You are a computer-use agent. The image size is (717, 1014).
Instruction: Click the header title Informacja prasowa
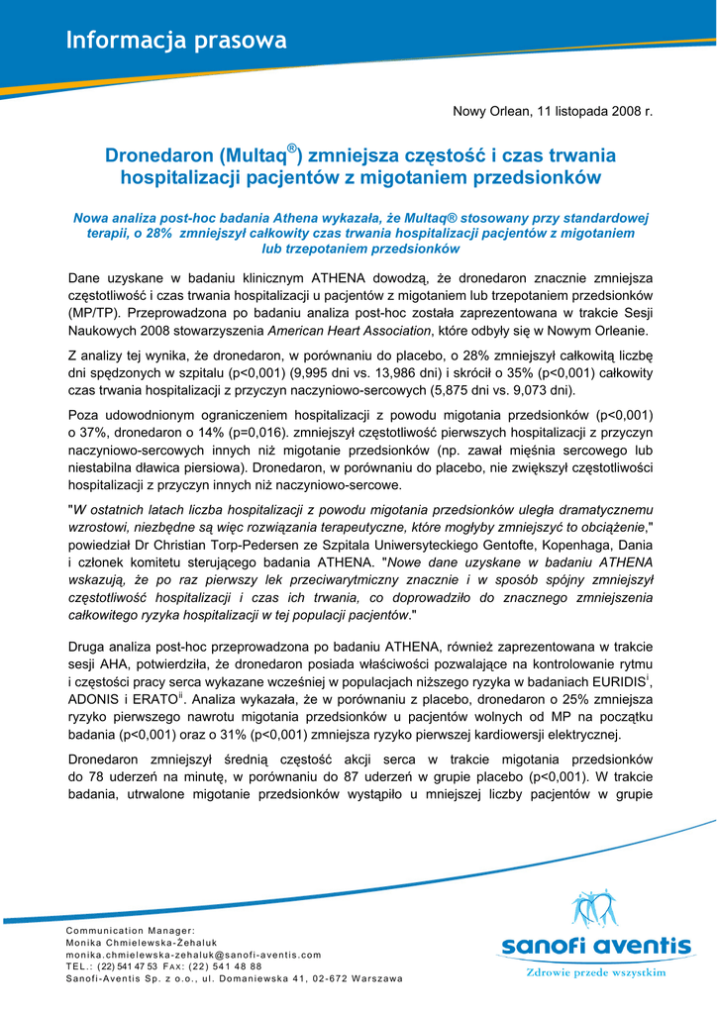176,41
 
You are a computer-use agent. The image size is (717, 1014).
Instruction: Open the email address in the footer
193,955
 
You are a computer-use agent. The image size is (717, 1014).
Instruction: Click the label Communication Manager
130,931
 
